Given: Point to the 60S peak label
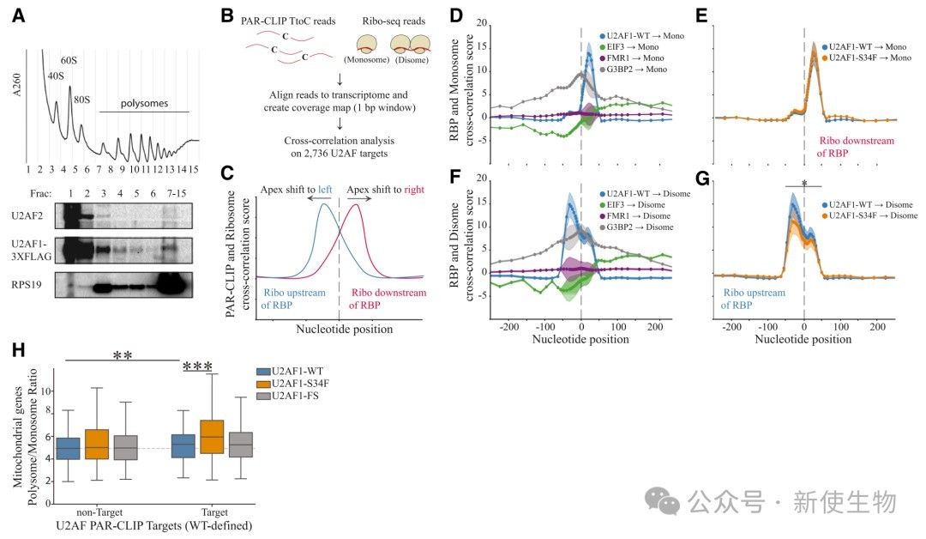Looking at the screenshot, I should pos(69,60).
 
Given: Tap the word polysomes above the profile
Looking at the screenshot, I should pos(145,103).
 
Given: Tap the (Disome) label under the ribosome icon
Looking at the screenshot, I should pos(409,61).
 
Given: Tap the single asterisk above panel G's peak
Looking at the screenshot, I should pos(803,183).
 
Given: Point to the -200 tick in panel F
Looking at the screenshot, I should pos(508,328).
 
